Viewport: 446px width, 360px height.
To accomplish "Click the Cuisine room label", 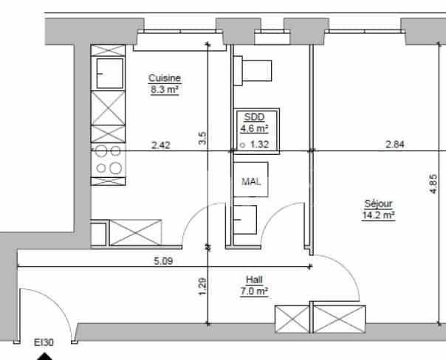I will [165, 78].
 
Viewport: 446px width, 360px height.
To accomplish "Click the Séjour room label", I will [378, 204].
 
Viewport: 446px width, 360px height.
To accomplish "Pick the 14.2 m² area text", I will [378, 215].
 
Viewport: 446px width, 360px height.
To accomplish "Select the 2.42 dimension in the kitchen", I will [160, 145].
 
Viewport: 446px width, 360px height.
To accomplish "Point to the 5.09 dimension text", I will [163, 259].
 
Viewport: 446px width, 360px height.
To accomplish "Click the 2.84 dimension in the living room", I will [395, 145].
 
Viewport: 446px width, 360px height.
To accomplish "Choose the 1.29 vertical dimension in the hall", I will [202, 285].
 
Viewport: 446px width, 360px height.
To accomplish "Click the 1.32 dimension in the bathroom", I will [259, 145].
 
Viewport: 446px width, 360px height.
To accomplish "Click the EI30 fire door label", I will [44, 343].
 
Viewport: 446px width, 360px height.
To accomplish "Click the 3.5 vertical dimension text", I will [202, 136].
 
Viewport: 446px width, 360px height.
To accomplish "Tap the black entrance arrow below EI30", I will [45, 356].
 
